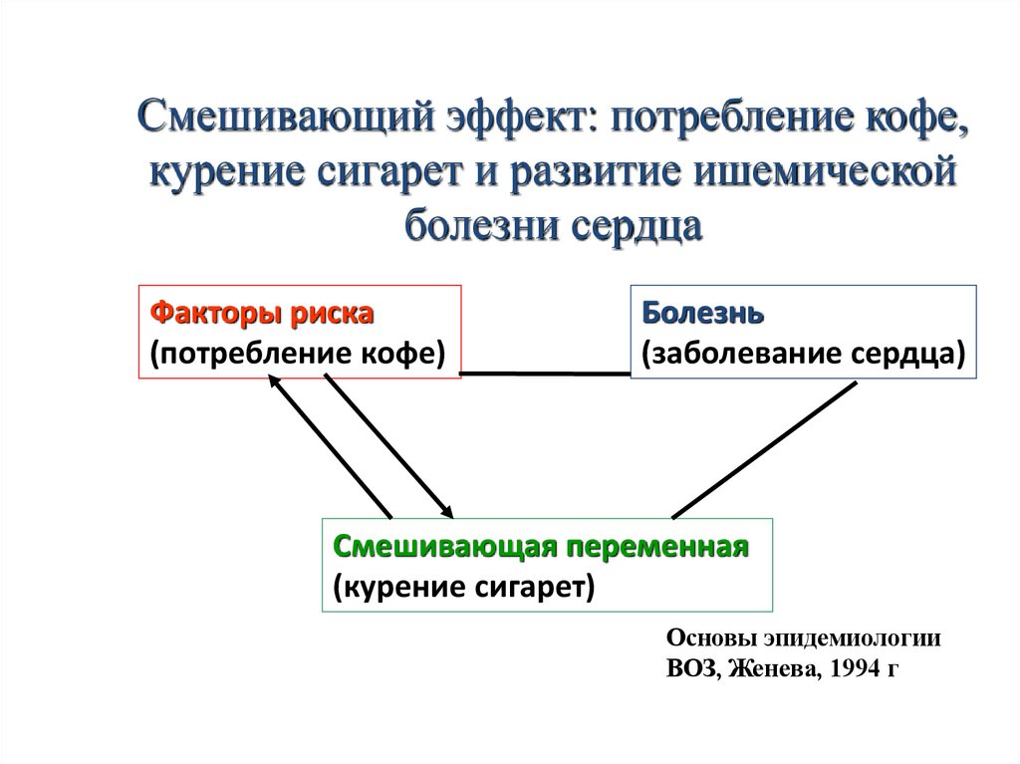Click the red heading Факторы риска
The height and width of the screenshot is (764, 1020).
click(262, 314)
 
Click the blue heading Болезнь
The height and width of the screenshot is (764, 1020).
click(703, 314)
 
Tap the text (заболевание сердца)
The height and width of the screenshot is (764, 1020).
click(803, 353)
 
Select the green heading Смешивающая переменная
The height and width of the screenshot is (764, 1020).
click(541, 547)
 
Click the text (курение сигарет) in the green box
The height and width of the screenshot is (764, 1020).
click(464, 586)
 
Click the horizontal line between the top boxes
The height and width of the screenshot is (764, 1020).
click(546, 374)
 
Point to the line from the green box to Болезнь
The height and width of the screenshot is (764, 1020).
click(765, 449)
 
